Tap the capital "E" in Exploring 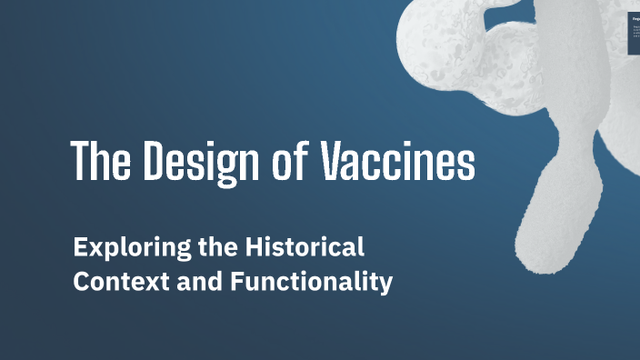click(80, 246)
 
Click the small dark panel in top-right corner click(635, 33)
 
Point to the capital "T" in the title click(79, 162)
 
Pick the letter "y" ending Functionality click(386, 285)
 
